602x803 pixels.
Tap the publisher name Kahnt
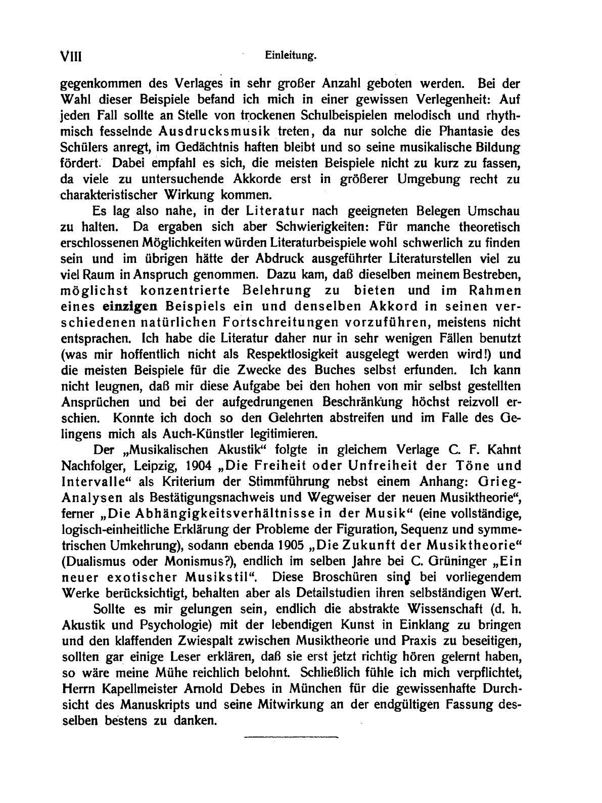(x=499, y=450)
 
